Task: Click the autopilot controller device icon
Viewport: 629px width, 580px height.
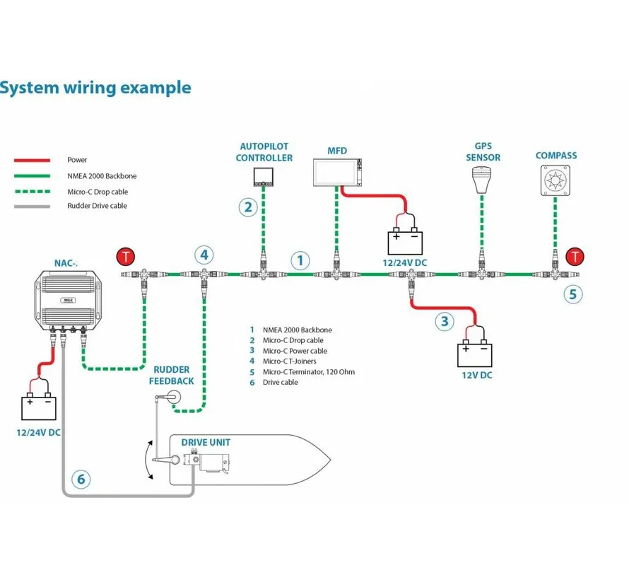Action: coord(263,177)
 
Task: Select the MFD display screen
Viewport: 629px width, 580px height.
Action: coord(337,173)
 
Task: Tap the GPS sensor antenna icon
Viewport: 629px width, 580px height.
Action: coord(482,180)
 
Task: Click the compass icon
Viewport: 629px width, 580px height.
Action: coord(555,180)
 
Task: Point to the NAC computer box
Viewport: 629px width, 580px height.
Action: coord(68,300)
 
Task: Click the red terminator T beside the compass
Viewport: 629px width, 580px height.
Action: coord(575,257)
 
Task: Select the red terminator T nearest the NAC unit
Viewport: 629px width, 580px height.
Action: coord(126,257)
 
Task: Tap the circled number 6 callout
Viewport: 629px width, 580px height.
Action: coord(81,479)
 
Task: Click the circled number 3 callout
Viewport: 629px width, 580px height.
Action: coord(445,321)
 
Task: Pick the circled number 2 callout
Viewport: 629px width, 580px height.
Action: coord(248,207)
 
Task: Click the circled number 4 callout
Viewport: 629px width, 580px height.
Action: coord(204,255)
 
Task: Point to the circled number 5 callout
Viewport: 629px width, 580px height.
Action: coord(573,294)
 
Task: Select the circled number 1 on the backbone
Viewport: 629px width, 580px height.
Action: coord(300,260)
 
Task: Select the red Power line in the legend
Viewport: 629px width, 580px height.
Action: coord(32,160)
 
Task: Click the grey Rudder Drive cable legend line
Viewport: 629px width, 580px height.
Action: coord(32,207)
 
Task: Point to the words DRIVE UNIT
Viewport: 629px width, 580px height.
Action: coord(206,442)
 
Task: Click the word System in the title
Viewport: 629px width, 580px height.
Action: coord(29,88)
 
